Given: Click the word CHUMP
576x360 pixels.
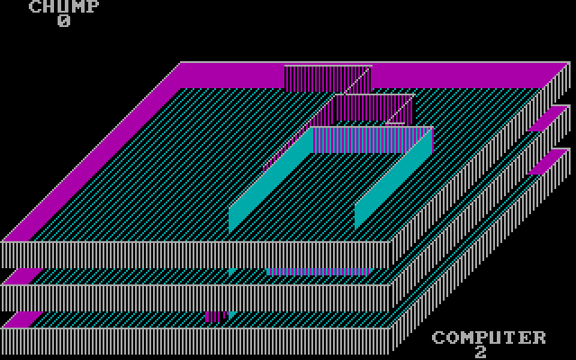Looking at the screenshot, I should (64, 7).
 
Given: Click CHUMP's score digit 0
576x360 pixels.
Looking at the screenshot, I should (64, 21).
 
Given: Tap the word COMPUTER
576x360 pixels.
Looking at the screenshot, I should (489, 337).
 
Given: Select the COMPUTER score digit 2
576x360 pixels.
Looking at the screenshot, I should (481, 352).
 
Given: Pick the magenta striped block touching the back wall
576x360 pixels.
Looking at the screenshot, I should (315, 77).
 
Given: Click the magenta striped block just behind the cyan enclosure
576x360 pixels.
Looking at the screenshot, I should (371, 108).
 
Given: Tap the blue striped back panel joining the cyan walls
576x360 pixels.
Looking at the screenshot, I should (373, 139).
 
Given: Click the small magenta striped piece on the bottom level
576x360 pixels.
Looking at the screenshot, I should (214, 316).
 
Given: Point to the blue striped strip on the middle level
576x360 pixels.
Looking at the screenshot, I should (319, 271).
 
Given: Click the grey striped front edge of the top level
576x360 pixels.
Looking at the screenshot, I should (198, 255).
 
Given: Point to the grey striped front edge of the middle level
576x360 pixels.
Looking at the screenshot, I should (198, 298).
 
